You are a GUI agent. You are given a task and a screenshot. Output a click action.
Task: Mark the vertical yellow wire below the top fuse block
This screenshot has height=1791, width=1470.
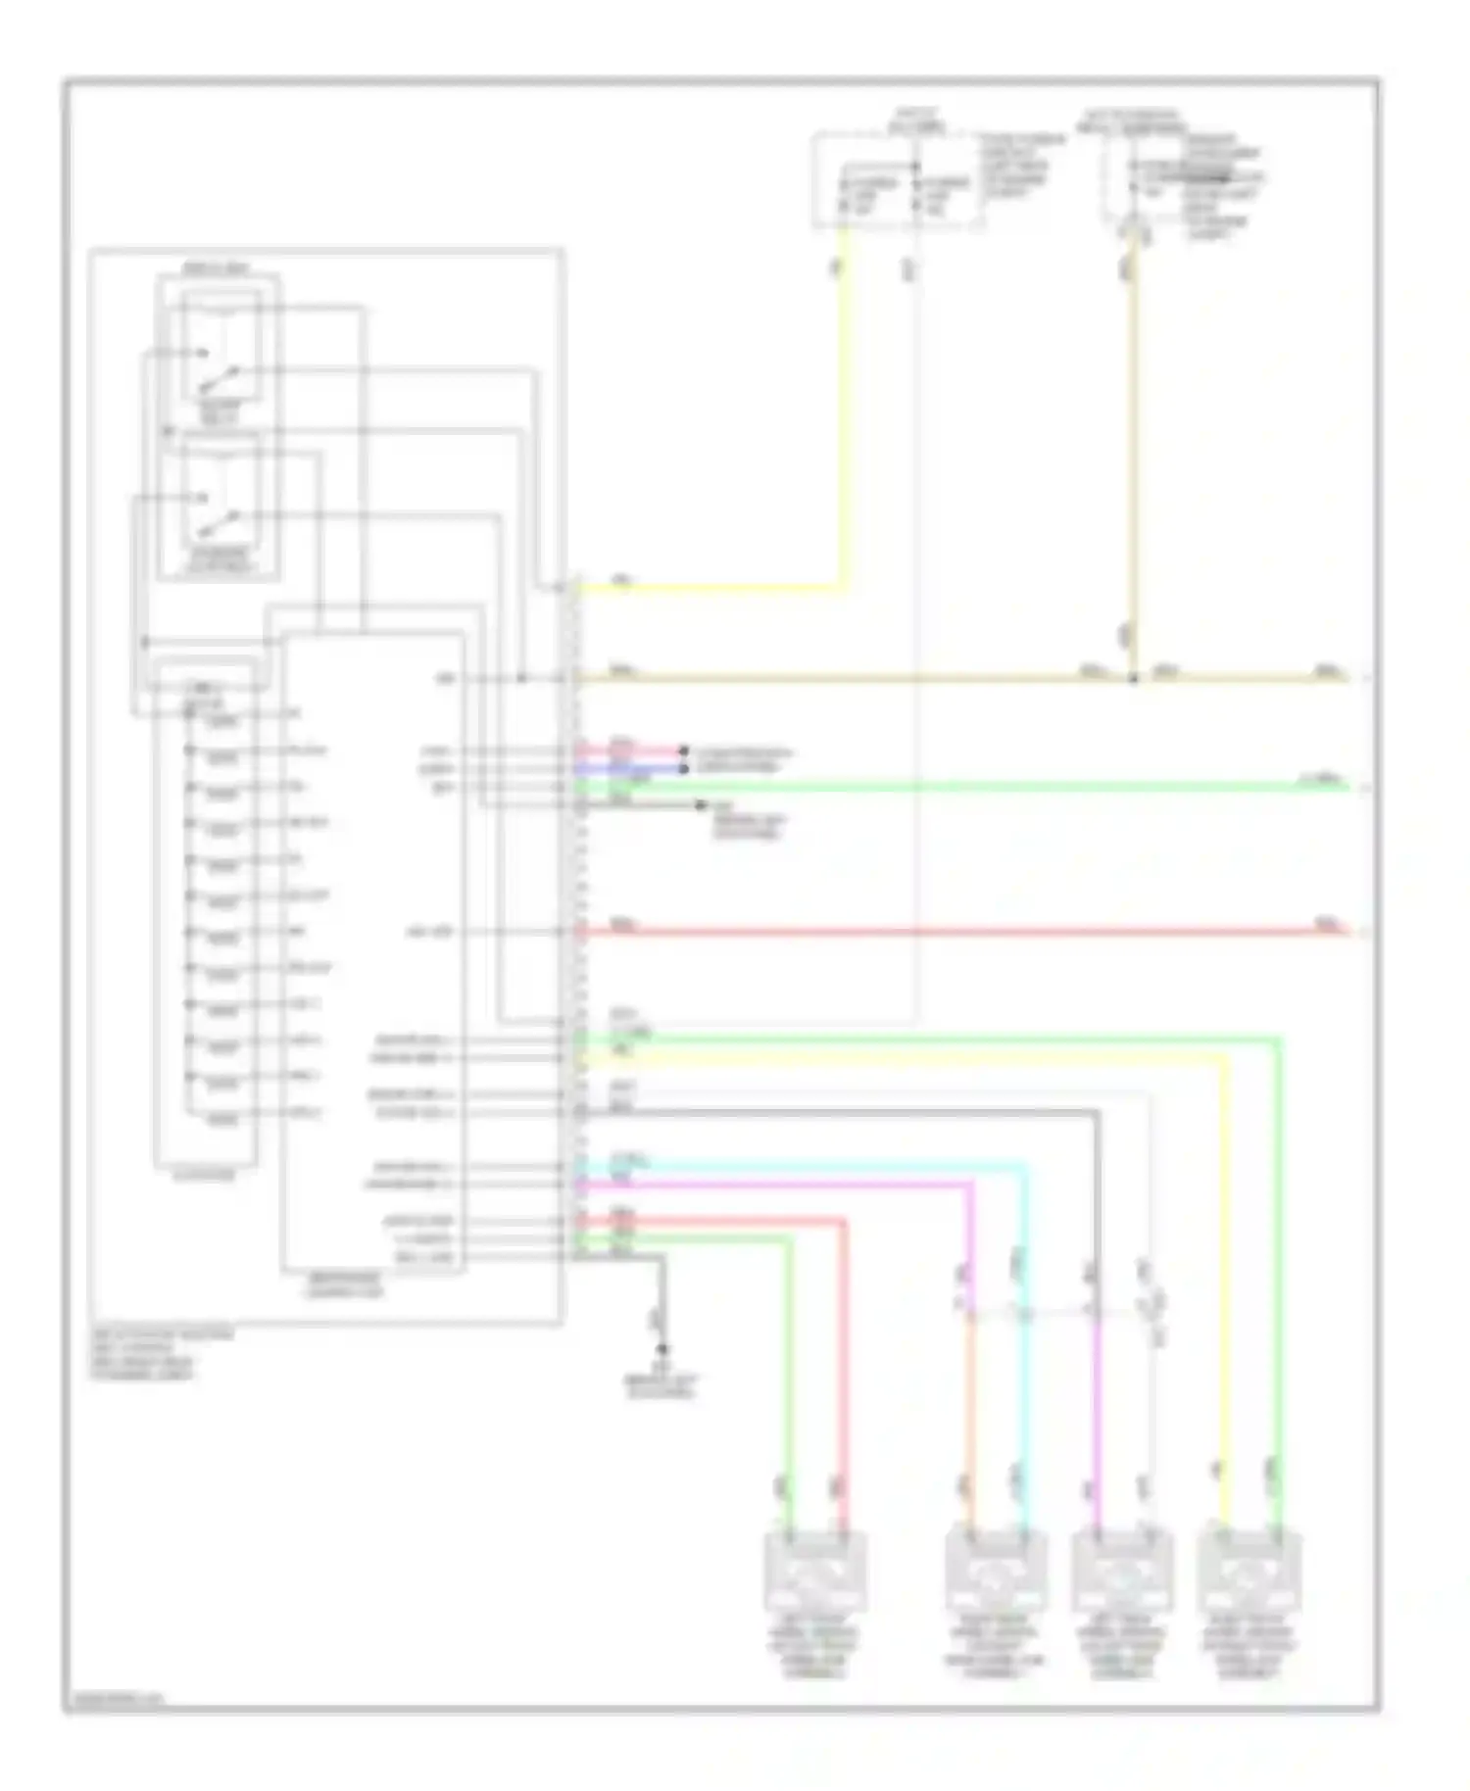(842, 411)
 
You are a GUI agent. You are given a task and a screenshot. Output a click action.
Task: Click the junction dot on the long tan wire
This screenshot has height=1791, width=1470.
(1134, 678)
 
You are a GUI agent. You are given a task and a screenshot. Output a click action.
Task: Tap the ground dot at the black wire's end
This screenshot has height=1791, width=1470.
(662, 1349)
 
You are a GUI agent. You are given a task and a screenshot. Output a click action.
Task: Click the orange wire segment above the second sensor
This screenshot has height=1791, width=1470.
(969, 1421)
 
